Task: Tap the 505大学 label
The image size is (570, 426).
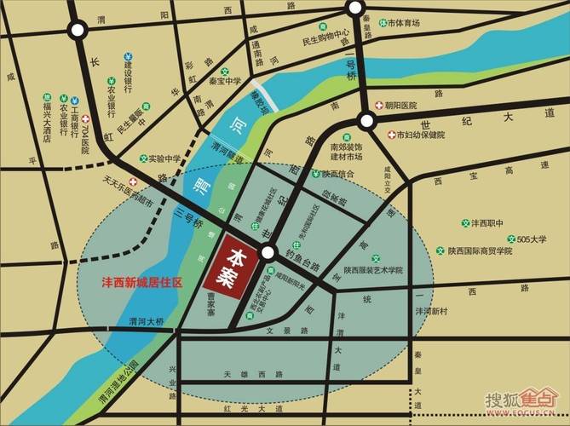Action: (532, 239)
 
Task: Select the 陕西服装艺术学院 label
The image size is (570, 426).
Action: (373, 270)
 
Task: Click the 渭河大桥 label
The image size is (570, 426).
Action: (146, 322)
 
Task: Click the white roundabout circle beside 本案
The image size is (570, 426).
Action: (268, 252)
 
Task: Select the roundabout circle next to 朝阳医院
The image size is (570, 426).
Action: (366, 121)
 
